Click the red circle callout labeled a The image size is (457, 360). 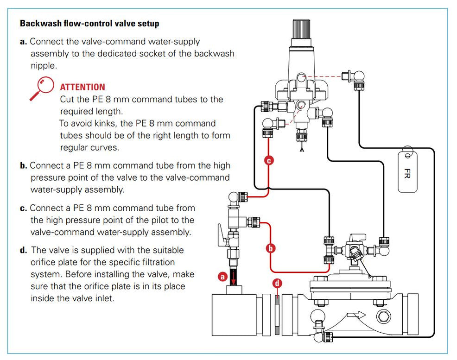pyautogui.click(x=222, y=276)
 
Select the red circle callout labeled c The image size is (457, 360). pyautogui.click(x=268, y=160)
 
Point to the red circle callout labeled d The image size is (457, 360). pyautogui.click(x=277, y=283)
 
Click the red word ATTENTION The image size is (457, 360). pyautogui.click(x=83, y=87)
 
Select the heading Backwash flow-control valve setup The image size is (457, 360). pyautogui.click(x=89, y=23)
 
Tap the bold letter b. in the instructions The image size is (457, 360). pyautogui.click(x=24, y=165)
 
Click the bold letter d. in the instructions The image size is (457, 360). pyautogui.click(x=24, y=250)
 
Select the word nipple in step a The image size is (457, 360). pyautogui.click(x=44, y=65)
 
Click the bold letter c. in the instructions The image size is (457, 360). pyautogui.click(x=24, y=208)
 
